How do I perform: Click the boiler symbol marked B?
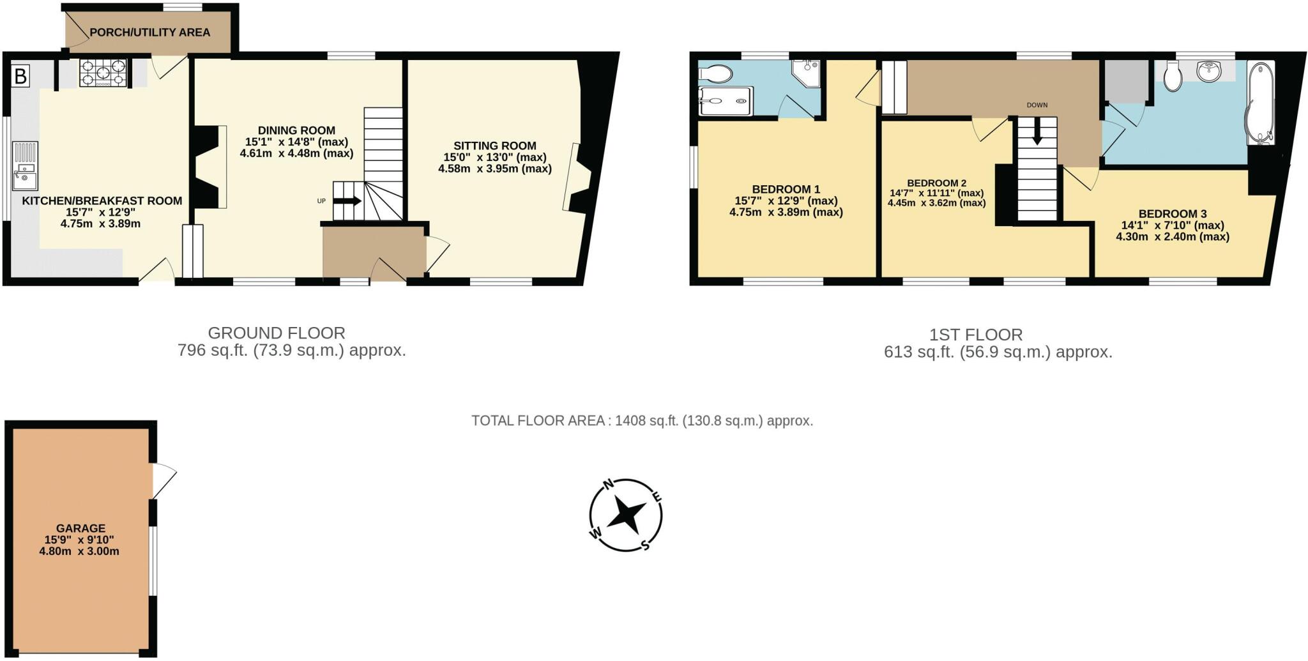coord(20,77)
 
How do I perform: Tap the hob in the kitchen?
coord(103,72)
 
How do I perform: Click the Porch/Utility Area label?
coord(149,33)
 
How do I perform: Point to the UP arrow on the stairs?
coord(347,201)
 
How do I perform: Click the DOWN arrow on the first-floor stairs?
coord(1037,133)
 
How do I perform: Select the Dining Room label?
coord(296,130)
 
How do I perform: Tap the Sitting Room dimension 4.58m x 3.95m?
coord(495,169)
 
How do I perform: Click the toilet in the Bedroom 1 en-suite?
coord(716,74)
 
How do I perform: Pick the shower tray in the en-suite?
coord(725,101)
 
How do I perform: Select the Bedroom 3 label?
coord(1173,214)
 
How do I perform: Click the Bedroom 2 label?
coord(936,183)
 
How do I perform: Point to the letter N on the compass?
coord(609,484)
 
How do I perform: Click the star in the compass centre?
coord(626,515)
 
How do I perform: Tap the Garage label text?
coord(80,528)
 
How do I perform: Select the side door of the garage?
coord(163,480)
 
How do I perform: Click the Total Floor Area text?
coord(642,421)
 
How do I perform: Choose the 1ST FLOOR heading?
coord(975,335)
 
